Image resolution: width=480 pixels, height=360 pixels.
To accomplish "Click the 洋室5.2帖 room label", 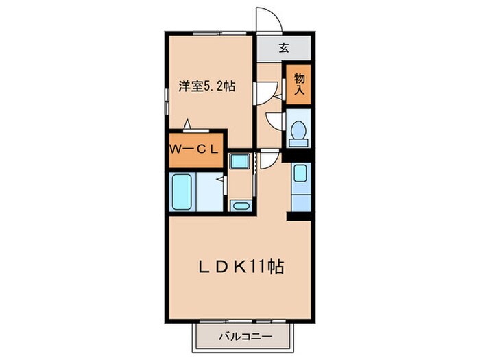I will [207, 86].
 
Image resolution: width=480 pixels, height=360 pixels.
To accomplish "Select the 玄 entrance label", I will [283, 48].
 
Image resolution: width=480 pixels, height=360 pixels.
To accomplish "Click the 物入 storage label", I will [298, 83].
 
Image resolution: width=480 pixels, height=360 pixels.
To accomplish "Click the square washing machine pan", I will [240, 162].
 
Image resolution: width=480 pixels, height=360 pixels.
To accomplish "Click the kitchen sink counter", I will [300, 187].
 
